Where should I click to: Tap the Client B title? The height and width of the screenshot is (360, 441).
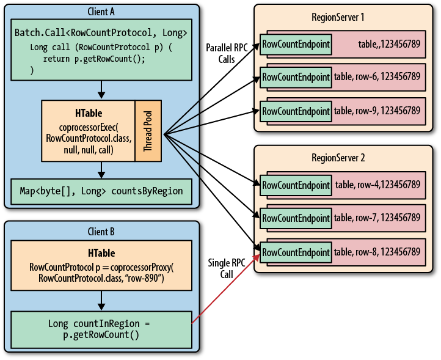tap(101, 232)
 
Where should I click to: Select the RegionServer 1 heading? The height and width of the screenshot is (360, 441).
tap(338, 17)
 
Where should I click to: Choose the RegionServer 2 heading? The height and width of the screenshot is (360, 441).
tap(338, 158)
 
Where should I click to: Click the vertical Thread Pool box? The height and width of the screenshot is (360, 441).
tap(148, 131)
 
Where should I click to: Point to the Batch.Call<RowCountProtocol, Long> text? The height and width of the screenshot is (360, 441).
tap(101, 32)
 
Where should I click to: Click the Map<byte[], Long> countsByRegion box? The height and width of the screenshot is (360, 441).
tap(101, 191)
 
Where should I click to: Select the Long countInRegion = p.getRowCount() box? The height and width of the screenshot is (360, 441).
tap(101, 329)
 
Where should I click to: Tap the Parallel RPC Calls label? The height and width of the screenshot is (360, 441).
tap(227, 54)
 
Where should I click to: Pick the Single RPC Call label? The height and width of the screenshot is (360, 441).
tap(227, 268)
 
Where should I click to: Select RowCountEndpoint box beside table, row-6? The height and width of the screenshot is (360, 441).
tap(296, 76)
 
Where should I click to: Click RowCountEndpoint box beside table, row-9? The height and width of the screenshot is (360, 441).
tap(296, 111)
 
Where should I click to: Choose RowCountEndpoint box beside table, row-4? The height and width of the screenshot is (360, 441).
tap(296, 185)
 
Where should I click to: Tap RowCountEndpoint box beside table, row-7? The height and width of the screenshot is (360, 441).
tap(296, 218)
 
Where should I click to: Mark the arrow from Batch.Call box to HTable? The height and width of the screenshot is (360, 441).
tap(101, 90)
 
